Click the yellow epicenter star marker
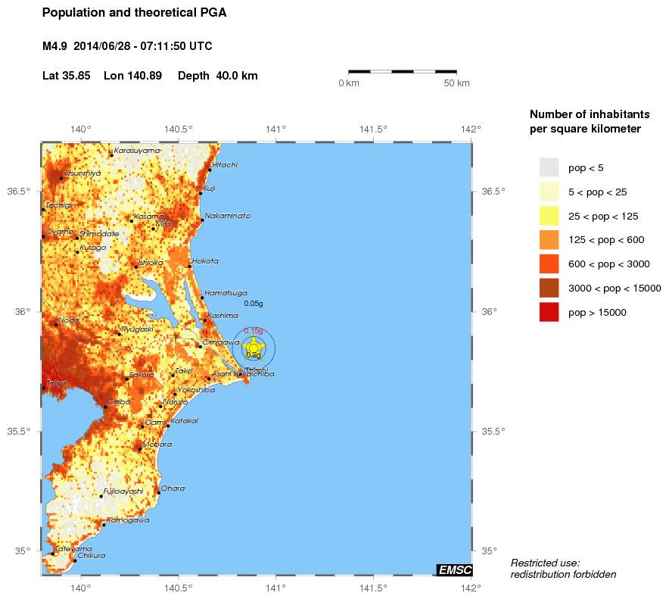click(x=254, y=348)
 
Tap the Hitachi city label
click(x=225, y=164)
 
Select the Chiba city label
click(x=120, y=402)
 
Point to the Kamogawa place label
click(x=128, y=520)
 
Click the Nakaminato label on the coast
click(x=227, y=216)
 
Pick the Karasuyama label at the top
click(x=137, y=151)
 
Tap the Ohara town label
click(x=172, y=488)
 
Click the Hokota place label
click(x=205, y=261)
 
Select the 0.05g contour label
click(x=254, y=303)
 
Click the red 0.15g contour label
click(x=253, y=331)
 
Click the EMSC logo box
click(x=454, y=569)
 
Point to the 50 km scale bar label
click(x=456, y=83)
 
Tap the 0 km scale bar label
click(x=348, y=83)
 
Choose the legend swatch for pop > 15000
click(x=549, y=312)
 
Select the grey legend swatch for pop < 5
click(x=549, y=167)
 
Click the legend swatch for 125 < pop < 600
click(x=549, y=240)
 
